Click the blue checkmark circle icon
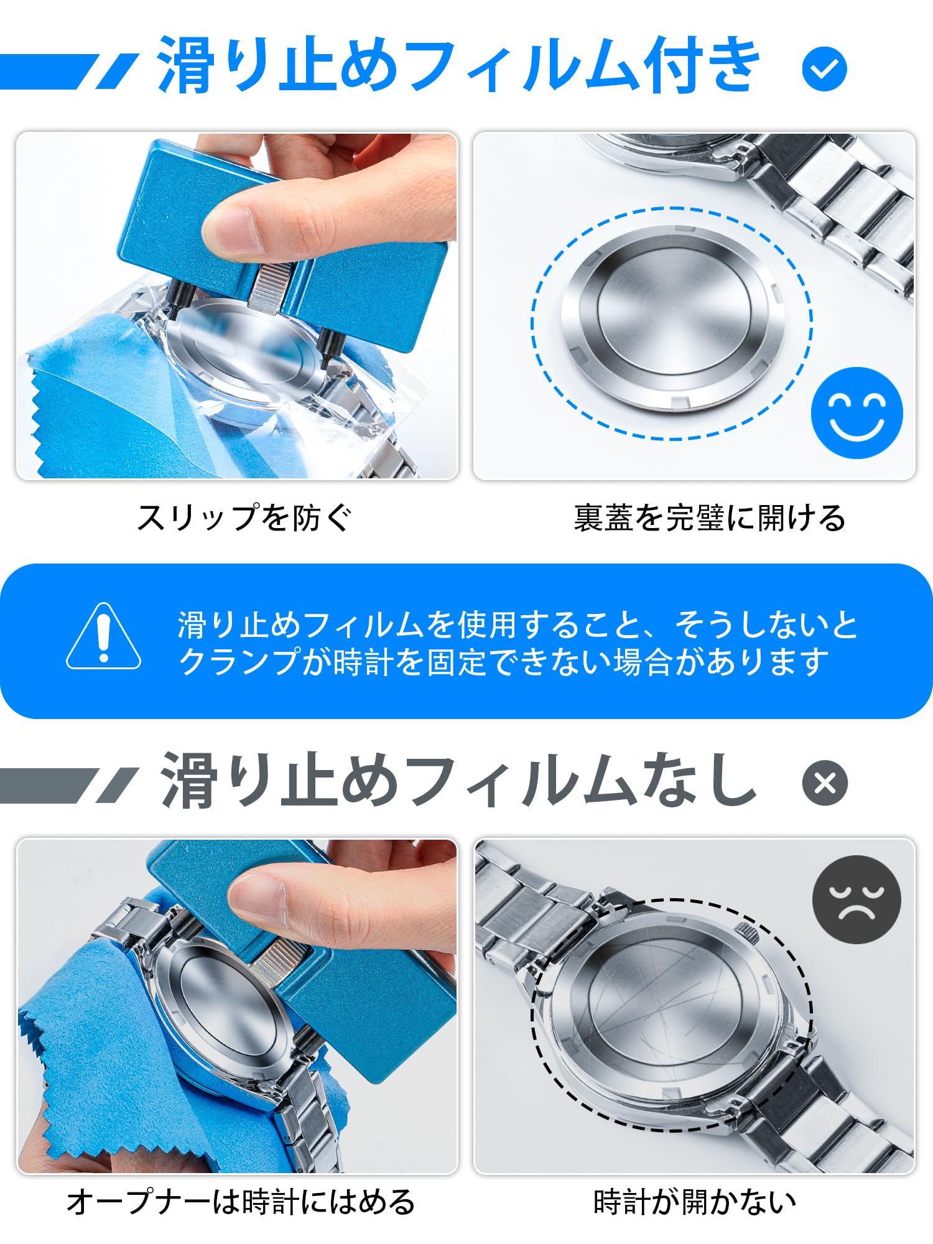(x=824, y=69)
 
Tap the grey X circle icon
(x=824, y=782)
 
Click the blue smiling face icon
(x=856, y=412)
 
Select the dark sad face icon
(x=856, y=899)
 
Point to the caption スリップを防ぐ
(x=244, y=518)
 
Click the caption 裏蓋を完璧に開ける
(x=709, y=518)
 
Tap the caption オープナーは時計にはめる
(x=241, y=1202)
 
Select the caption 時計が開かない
(x=695, y=1202)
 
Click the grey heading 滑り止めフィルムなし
(x=459, y=780)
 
